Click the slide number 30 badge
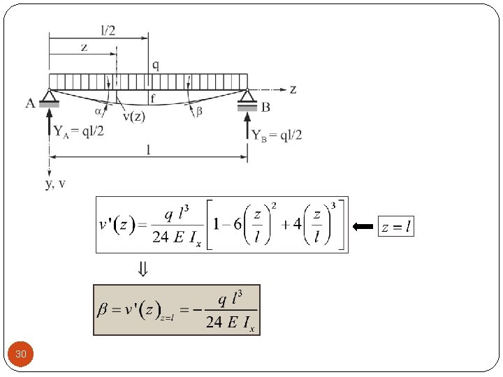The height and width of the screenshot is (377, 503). click(21, 355)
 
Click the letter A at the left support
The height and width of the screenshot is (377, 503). click(31, 103)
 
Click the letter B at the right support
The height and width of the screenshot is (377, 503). click(265, 107)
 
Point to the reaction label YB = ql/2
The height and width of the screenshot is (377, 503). click(277, 135)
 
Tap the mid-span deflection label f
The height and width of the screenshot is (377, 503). click(153, 98)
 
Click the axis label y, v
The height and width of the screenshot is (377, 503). click(55, 183)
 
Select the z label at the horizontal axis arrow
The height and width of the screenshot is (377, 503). click(293, 89)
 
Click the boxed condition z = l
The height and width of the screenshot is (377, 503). click(395, 226)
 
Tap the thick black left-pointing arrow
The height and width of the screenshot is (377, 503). click(363, 226)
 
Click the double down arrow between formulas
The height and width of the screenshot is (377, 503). click(143, 268)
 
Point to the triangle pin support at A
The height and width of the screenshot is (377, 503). click(49, 96)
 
